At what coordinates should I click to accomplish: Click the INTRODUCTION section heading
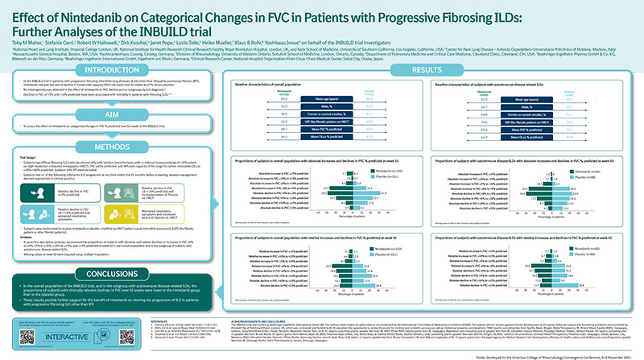[x=55, y=70]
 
